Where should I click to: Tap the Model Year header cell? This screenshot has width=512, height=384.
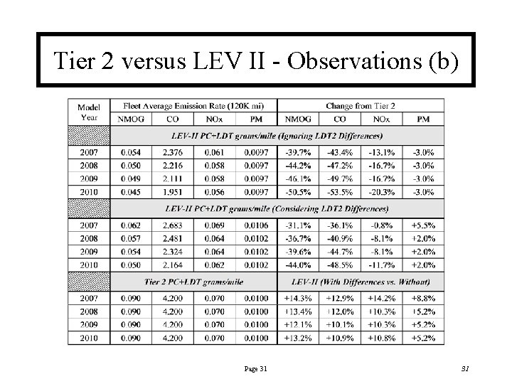89,112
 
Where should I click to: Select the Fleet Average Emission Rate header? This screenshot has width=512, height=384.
193,106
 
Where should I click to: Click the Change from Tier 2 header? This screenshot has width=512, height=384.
360,106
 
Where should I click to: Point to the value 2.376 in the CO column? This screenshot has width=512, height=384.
173,151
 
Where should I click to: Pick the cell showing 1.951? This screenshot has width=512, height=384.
173,191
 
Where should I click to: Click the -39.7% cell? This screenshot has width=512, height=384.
298,151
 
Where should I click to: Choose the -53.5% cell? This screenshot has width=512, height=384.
340,191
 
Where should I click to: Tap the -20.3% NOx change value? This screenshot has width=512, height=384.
382,191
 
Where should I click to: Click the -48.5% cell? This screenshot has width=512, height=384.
340,265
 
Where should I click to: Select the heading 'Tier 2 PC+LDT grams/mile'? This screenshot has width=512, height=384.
193,282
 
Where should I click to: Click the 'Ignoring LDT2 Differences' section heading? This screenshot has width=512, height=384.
277,135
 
